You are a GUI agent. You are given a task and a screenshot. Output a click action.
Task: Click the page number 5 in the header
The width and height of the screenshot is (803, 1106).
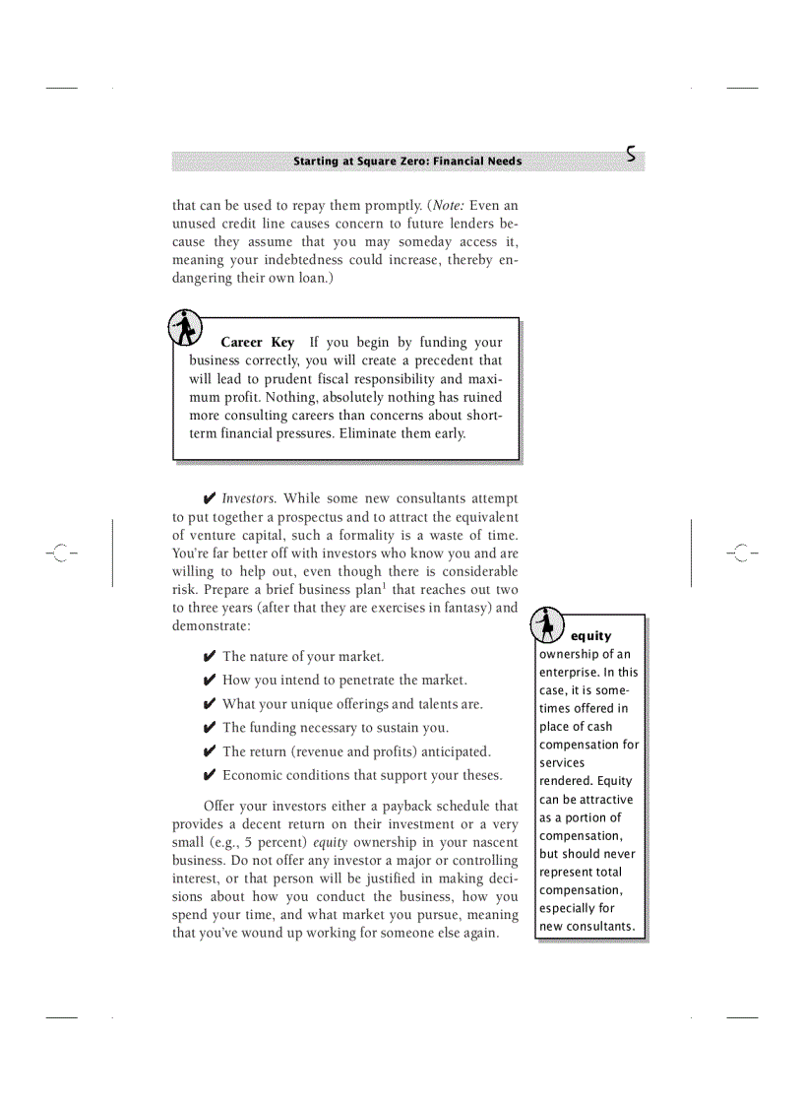click(x=631, y=155)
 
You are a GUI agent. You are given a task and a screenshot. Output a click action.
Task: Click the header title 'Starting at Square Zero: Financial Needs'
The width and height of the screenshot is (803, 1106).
click(x=407, y=162)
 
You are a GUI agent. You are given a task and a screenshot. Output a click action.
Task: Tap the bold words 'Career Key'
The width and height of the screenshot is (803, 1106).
click(x=257, y=343)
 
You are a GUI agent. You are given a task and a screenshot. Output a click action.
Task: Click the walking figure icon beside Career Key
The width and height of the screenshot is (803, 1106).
click(x=185, y=327)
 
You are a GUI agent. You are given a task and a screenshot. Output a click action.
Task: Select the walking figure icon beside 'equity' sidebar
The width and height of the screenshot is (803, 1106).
click(x=547, y=624)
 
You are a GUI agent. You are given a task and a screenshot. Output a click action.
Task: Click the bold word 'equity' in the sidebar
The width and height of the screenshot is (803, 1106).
click(x=590, y=636)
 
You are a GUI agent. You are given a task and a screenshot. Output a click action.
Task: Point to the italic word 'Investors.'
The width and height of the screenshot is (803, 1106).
click(x=249, y=499)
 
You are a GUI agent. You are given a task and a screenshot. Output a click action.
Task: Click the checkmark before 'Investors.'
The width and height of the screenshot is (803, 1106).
click(x=210, y=499)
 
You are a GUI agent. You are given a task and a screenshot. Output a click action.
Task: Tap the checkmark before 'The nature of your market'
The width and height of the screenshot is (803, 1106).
click(x=210, y=657)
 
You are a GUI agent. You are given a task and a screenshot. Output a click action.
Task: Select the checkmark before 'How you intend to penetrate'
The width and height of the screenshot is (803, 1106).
click(x=210, y=681)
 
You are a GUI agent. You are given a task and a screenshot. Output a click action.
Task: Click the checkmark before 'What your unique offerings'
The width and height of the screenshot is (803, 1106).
click(x=210, y=704)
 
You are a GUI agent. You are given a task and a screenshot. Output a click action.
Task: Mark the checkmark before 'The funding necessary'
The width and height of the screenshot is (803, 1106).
click(x=210, y=728)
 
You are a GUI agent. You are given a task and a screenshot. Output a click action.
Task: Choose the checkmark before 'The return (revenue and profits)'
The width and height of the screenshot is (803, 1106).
click(x=210, y=752)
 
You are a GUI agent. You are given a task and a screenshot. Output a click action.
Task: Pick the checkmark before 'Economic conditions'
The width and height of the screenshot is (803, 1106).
click(x=210, y=776)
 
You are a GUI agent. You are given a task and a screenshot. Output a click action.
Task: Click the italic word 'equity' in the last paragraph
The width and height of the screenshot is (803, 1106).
click(x=331, y=843)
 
